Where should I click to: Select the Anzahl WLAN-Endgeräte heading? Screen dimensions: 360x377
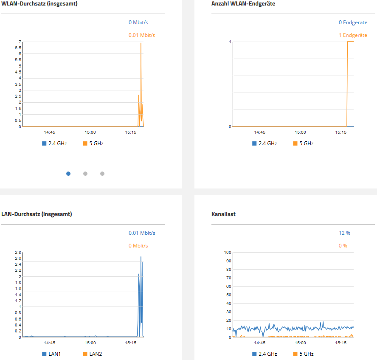(x=243, y=4)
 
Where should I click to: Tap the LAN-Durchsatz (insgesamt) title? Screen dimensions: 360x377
(x=37, y=214)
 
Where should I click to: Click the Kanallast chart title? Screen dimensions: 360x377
(x=223, y=214)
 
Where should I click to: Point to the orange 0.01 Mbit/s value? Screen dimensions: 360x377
(x=142, y=35)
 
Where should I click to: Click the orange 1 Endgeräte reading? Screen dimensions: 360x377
(x=353, y=35)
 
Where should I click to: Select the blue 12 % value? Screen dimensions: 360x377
(x=344, y=233)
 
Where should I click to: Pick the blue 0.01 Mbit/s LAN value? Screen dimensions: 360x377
(x=142, y=233)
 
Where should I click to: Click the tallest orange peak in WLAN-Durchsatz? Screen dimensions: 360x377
(x=141, y=43)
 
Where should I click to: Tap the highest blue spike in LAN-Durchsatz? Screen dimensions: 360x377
(x=141, y=257)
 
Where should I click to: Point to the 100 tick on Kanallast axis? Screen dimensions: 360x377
(x=227, y=253)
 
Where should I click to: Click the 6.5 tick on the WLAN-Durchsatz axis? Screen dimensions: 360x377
(x=18, y=48)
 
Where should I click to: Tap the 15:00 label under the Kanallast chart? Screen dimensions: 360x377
(x=300, y=343)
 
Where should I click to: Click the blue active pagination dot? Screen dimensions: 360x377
(x=68, y=174)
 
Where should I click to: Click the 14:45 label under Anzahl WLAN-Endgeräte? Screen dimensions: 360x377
(x=260, y=132)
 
